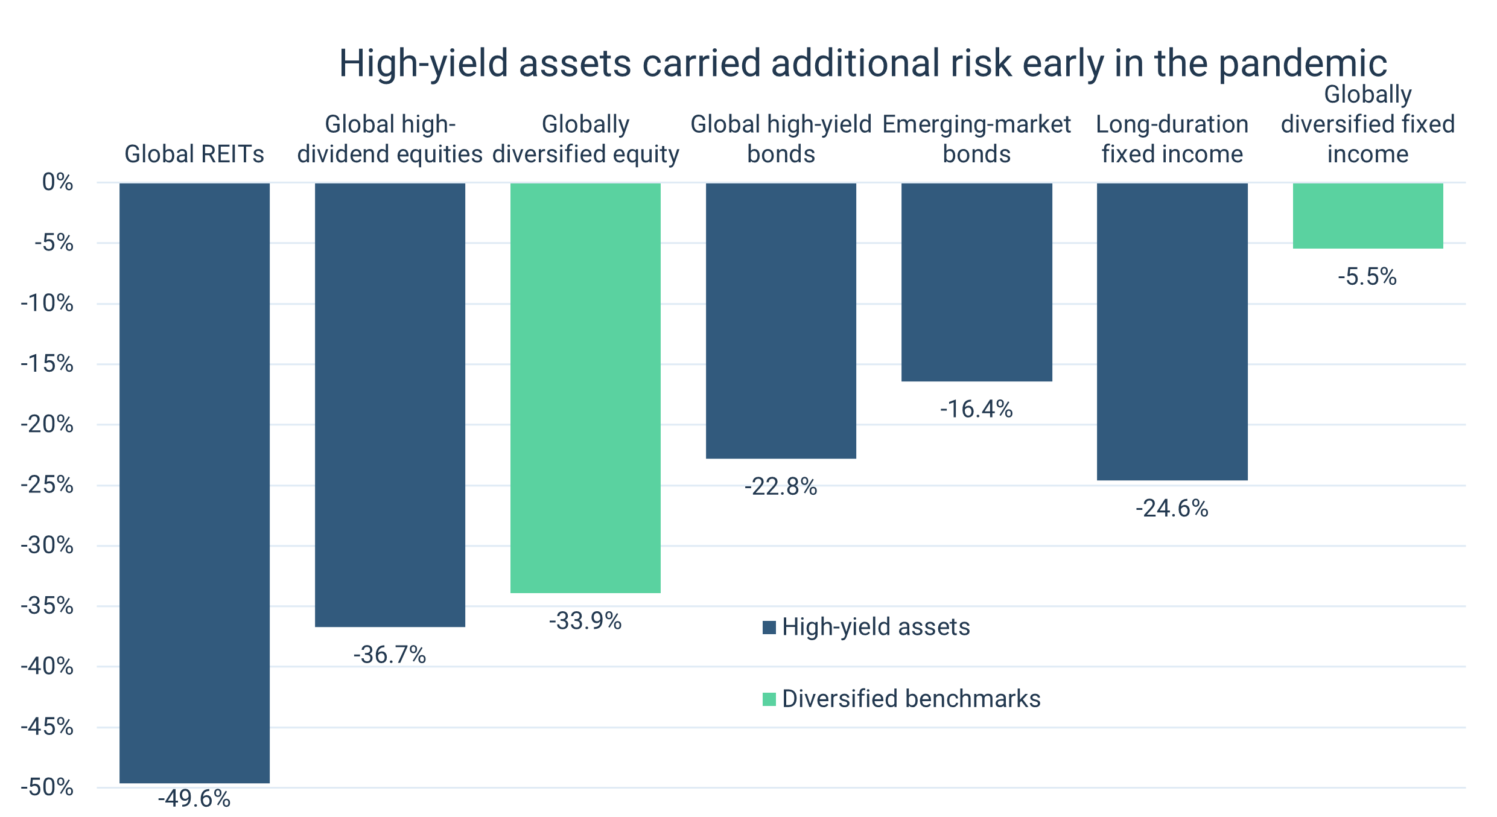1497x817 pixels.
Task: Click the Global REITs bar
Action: coord(194,483)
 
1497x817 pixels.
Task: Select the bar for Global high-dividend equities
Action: coord(390,404)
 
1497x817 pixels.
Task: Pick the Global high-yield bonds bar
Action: coord(781,320)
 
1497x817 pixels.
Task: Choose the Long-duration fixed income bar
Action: coord(1172,331)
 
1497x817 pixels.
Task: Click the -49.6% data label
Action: coord(194,799)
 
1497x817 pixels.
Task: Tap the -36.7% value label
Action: coord(390,655)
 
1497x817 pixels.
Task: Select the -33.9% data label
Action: coord(585,621)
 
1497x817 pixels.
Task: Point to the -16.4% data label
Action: coord(977,409)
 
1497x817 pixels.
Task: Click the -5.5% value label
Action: coord(1367,277)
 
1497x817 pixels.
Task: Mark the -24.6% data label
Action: coord(1172,509)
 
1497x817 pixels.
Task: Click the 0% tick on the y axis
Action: coord(58,182)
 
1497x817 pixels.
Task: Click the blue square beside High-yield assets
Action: coord(769,628)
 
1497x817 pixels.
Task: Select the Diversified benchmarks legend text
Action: coord(911,699)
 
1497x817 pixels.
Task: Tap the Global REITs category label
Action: coord(194,154)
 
